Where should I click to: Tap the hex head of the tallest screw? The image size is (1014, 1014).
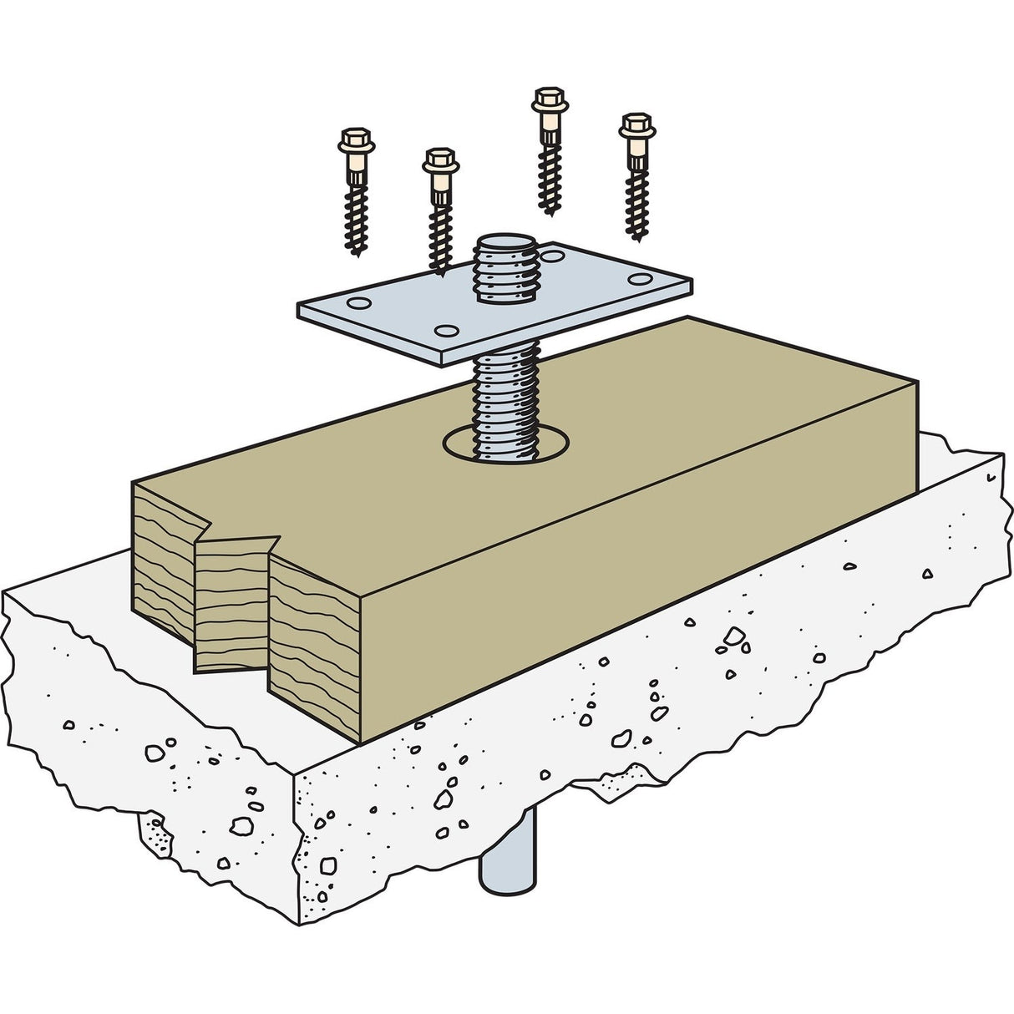[548, 94]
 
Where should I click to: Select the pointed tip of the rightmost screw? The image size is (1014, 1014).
[639, 239]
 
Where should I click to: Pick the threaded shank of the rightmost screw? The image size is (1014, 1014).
[636, 200]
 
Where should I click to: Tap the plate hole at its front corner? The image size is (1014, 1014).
[446, 331]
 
